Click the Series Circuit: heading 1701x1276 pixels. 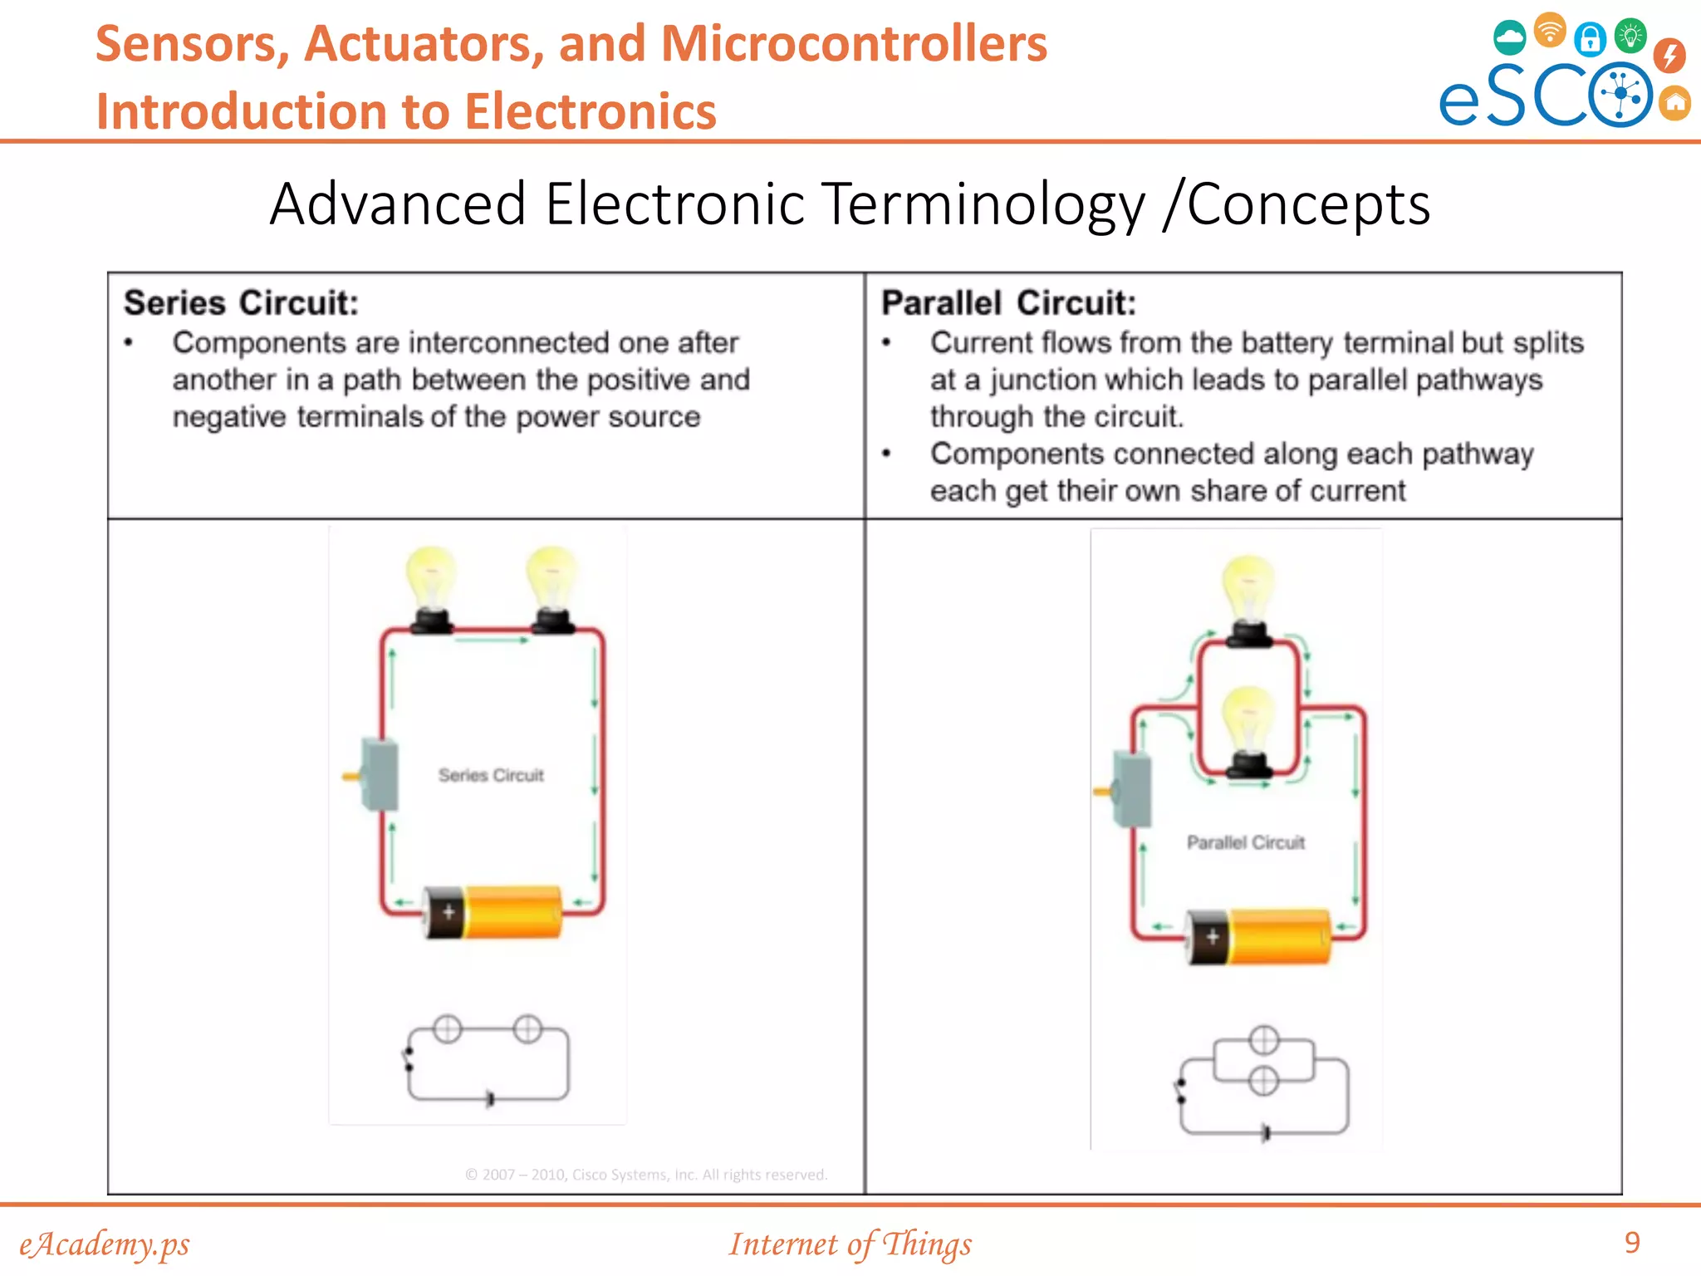pyautogui.click(x=241, y=303)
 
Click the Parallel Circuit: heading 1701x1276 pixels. pyautogui.click(x=1008, y=303)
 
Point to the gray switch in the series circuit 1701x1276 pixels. pyautogui.click(x=379, y=774)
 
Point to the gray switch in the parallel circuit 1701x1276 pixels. pyautogui.click(x=1131, y=790)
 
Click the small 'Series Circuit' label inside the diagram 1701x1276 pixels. pyautogui.click(x=491, y=775)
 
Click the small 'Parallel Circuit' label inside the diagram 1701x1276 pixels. pyautogui.click(x=1245, y=842)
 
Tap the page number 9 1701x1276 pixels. pyautogui.click(x=1632, y=1242)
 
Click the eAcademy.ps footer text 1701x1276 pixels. pyautogui.click(x=105, y=1244)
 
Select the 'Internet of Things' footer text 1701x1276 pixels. pyautogui.click(x=850, y=1244)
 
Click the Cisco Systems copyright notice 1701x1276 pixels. pyautogui.click(x=646, y=1175)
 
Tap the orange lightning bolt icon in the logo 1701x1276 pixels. pyautogui.click(x=1669, y=56)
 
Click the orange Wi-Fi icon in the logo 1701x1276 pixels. pyautogui.click(x=1550, y=31)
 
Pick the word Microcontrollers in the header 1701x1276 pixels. pyautogui.click(x=854, y=44)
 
